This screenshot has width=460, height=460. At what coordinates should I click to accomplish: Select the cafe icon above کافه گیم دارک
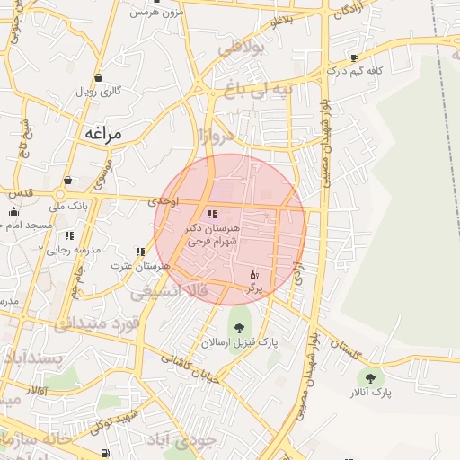354,57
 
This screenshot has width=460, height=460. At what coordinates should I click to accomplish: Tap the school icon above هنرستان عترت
140,252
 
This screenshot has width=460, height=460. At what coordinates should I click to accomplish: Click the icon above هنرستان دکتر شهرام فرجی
212,214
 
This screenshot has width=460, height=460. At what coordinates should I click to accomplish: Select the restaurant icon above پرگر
254,274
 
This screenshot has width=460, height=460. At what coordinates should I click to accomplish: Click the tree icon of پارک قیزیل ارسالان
239,328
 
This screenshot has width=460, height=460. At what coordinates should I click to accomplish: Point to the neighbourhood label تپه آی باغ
284,92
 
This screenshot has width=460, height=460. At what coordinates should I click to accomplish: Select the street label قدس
20,191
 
